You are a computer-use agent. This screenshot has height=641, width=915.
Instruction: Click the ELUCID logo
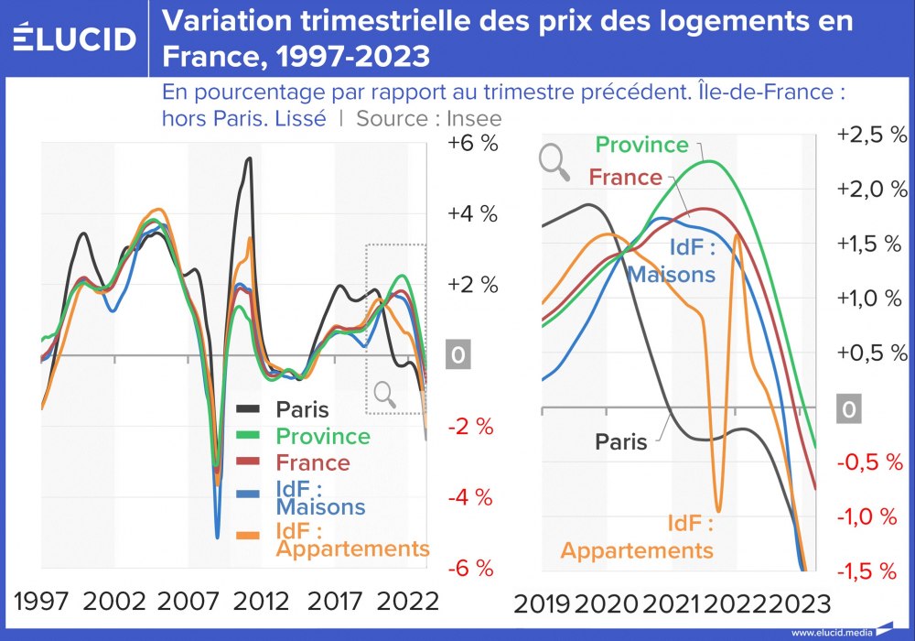(75, 38)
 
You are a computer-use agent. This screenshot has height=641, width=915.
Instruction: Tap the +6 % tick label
(472, 144)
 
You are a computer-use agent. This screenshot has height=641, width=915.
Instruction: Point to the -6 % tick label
(472, 569)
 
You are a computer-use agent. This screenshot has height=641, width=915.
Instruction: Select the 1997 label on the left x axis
(41, 602)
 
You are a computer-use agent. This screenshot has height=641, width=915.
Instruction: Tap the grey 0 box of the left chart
(457, 355)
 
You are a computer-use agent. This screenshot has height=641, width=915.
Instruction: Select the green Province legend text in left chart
(322, 437)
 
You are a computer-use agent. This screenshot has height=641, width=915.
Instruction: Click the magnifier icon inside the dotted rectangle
(385, 394)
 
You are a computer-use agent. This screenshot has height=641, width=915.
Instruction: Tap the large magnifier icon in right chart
(554, 161)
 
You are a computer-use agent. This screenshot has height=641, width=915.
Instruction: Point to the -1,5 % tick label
(871, 571)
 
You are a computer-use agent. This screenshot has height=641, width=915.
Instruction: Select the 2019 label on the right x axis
(544, 604)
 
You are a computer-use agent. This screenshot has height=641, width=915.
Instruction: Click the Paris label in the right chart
(621, 441)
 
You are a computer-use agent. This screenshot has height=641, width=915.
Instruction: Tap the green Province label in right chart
(641, 145)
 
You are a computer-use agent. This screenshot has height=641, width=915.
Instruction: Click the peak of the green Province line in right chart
(710, 161)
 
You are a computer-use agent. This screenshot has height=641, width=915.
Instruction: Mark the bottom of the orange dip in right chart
(718, 511)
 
